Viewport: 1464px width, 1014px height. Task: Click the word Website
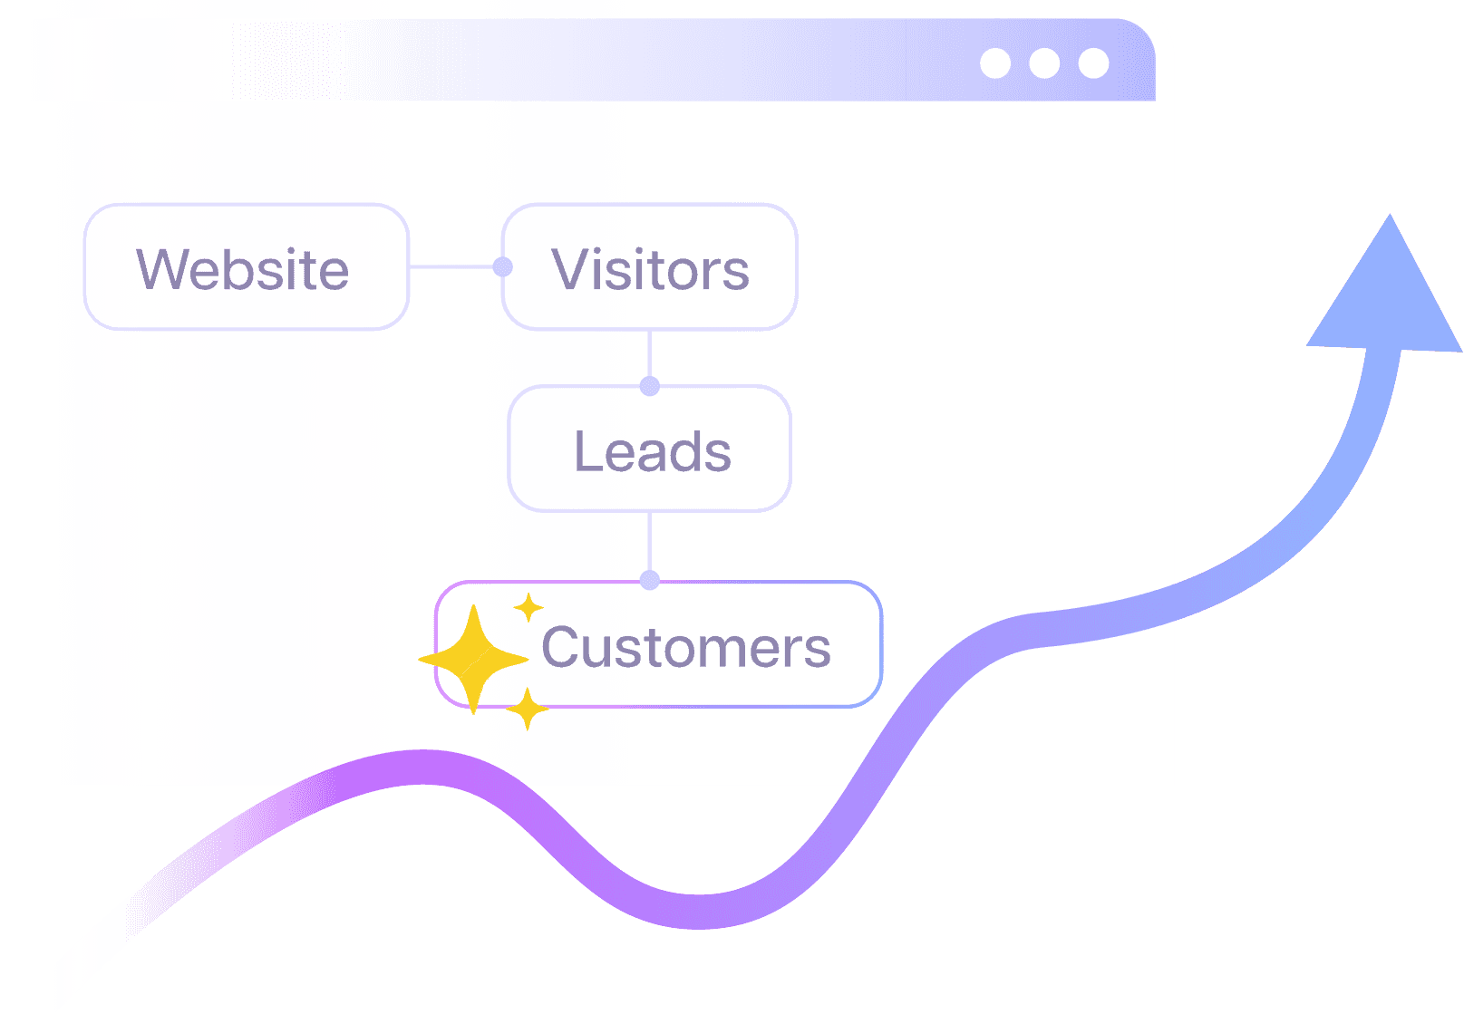[243, 269]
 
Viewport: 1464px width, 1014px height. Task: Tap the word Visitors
[650, 269]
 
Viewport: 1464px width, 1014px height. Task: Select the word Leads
[652, 451]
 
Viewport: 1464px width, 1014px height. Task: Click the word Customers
[685, 647]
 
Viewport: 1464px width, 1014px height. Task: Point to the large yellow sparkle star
[472, 659]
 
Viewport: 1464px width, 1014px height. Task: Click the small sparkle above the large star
[528, 607]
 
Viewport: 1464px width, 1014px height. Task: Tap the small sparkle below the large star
[527, 710]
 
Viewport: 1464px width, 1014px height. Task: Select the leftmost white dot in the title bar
[995, 63]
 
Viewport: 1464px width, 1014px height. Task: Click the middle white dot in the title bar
[1044, 63]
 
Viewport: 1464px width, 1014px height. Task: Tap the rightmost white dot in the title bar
[1093, 63]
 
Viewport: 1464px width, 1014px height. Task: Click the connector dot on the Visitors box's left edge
[503, 266]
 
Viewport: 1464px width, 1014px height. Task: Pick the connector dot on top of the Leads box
[649, 386]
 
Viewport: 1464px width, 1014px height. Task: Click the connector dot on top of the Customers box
[649, 580]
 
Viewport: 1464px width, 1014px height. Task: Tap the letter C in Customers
[562, 647]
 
